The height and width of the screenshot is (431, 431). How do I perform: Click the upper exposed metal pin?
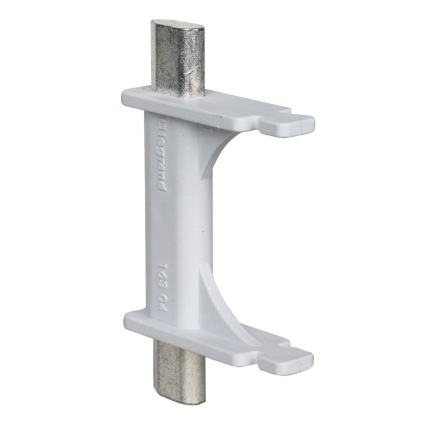pos(176,61)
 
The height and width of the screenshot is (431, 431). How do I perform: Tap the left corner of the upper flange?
pos(124,94)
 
